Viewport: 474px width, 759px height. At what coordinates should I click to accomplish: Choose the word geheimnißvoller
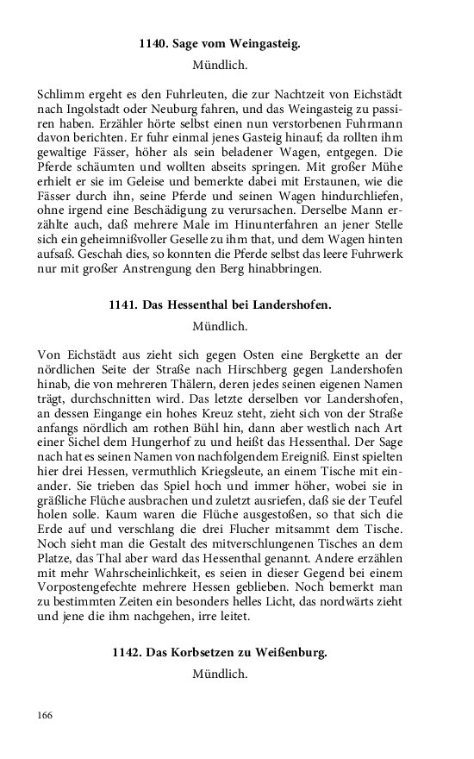click(128, 257)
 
